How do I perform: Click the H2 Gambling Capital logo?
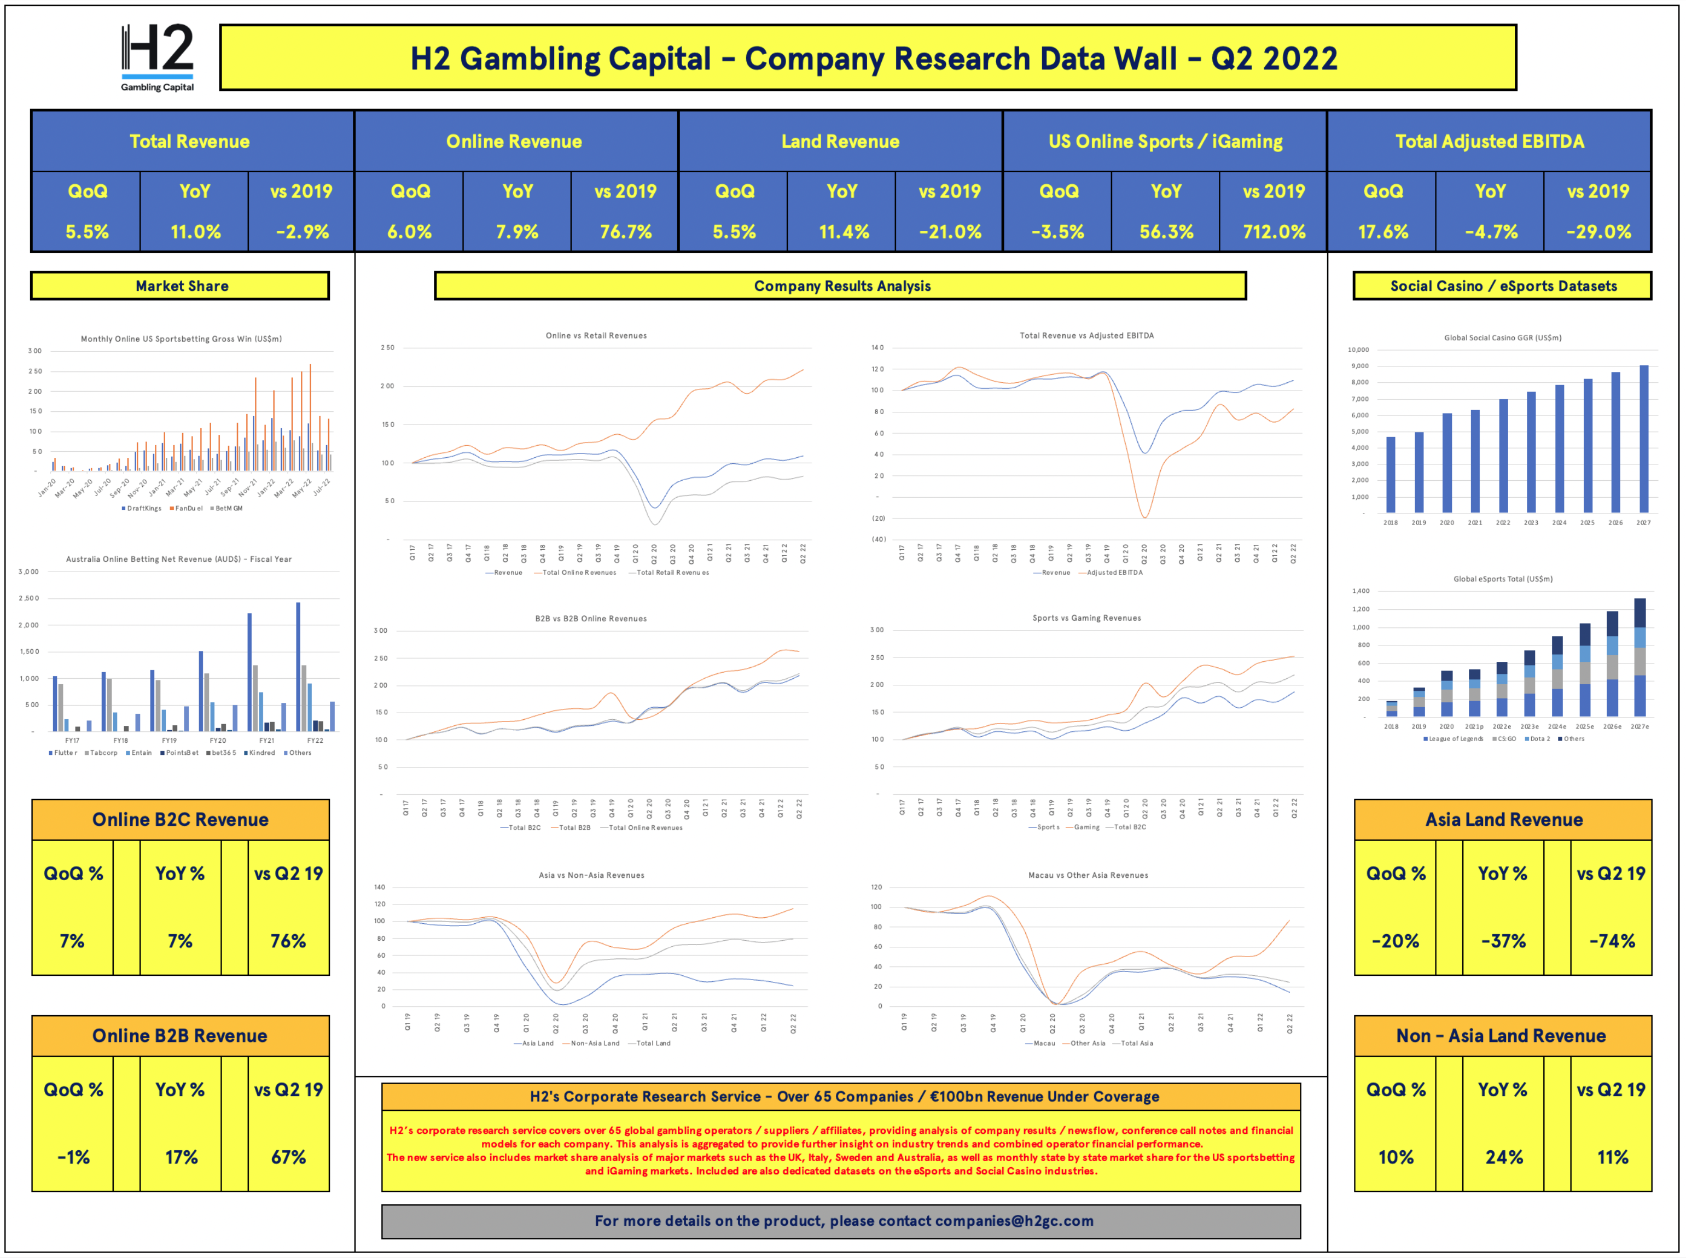pos(157,57)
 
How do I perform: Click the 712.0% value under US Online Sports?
pos(1274,231)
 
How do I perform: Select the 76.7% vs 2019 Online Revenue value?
pos(625,231)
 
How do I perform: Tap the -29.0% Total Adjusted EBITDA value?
pos(1598,231)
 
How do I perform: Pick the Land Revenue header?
pos(840,142)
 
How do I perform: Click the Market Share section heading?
pos(181,286)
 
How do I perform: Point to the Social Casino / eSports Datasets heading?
pos(1503,286)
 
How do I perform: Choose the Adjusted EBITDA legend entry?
pos(1113,573)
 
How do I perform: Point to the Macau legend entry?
pos(1043,1043)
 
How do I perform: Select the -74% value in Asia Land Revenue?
pos(1612,941)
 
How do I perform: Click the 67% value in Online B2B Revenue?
pos(289,1157)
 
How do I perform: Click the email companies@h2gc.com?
pos(1014,1221)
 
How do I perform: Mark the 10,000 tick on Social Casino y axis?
pos(1358,350)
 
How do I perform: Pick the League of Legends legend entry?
pos(1455,738)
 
